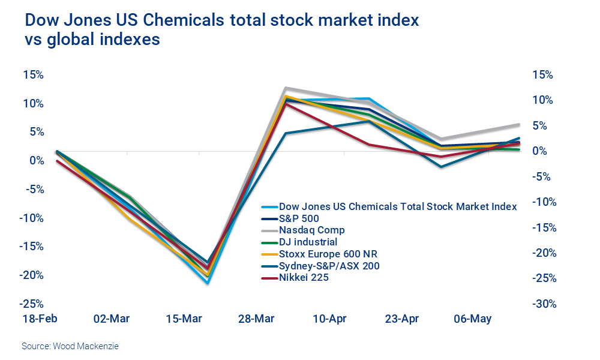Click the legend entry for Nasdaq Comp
tap(311, 230)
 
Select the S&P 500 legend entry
tap(299, 218)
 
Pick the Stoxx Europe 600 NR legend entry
tap(328, 253)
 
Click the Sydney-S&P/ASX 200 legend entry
tap(329, 265)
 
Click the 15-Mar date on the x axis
tap(185, 319)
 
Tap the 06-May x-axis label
tap(472, 319)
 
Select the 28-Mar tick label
tap(256, 319)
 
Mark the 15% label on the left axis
tap(33, 75)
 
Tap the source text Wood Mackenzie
tap(66, 346)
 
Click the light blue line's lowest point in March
tap(208, 283)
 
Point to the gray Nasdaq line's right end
tap(518, 125)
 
